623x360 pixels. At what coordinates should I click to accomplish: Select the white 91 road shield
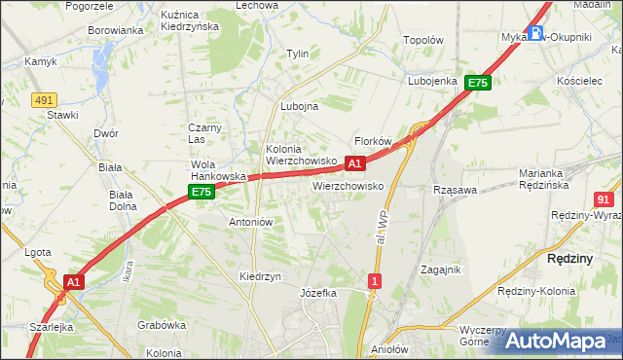pyautogui.click(x=604, y=198)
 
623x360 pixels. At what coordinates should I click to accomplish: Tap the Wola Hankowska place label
pyautogui.click(x=216, y=170)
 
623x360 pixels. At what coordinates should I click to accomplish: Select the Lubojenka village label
pyautogui.click(x=433, y=81)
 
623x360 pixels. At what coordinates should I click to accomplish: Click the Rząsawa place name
pyautogui.click(x=455, y=190)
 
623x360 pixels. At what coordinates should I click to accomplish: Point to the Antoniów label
pyautogui.click(x=250, y=222)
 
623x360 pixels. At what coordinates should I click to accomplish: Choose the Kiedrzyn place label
pyautogui.click(x=260, y=276)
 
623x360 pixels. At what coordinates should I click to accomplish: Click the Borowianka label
pyautogui.click(x=116, y=30)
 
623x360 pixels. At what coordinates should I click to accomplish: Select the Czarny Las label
pyautogui.click(x=205, y=133)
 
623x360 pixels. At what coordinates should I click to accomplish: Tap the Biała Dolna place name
pyautogui.click(x=122, y=199)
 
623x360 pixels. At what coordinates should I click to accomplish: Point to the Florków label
pyautogui.click(x=373, y=141)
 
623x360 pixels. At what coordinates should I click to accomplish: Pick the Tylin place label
pyautogui.click(x=296, y=54)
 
